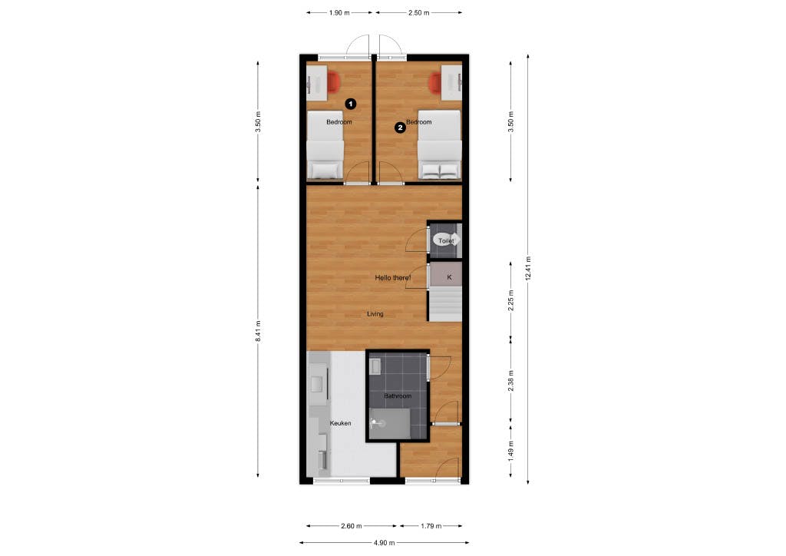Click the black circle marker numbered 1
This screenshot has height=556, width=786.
click(351, 104)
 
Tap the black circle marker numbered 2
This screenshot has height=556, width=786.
click(400, 127)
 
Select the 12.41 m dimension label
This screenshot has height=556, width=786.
click(528, 269)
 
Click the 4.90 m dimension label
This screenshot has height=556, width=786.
click(384, 542)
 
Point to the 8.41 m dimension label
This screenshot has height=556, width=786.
click(258, 332)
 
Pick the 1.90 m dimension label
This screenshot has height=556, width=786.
click(339, 12)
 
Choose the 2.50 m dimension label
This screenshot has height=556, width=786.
click(418, 12)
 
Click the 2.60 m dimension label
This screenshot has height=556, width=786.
click(351, 526)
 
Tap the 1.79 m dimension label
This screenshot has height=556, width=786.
click(431, 526)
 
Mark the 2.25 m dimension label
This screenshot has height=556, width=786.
click(510, 300)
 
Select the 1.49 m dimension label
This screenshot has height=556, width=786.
click(510, 451)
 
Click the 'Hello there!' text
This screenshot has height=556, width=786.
click(393, 278)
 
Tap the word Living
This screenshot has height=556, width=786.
click(375, 314)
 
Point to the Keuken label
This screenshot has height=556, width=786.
click(340, 423)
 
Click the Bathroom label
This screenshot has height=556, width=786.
click(398, 396)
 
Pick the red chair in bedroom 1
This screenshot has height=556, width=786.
click(334, 81)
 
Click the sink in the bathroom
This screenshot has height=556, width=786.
click(375, 366)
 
